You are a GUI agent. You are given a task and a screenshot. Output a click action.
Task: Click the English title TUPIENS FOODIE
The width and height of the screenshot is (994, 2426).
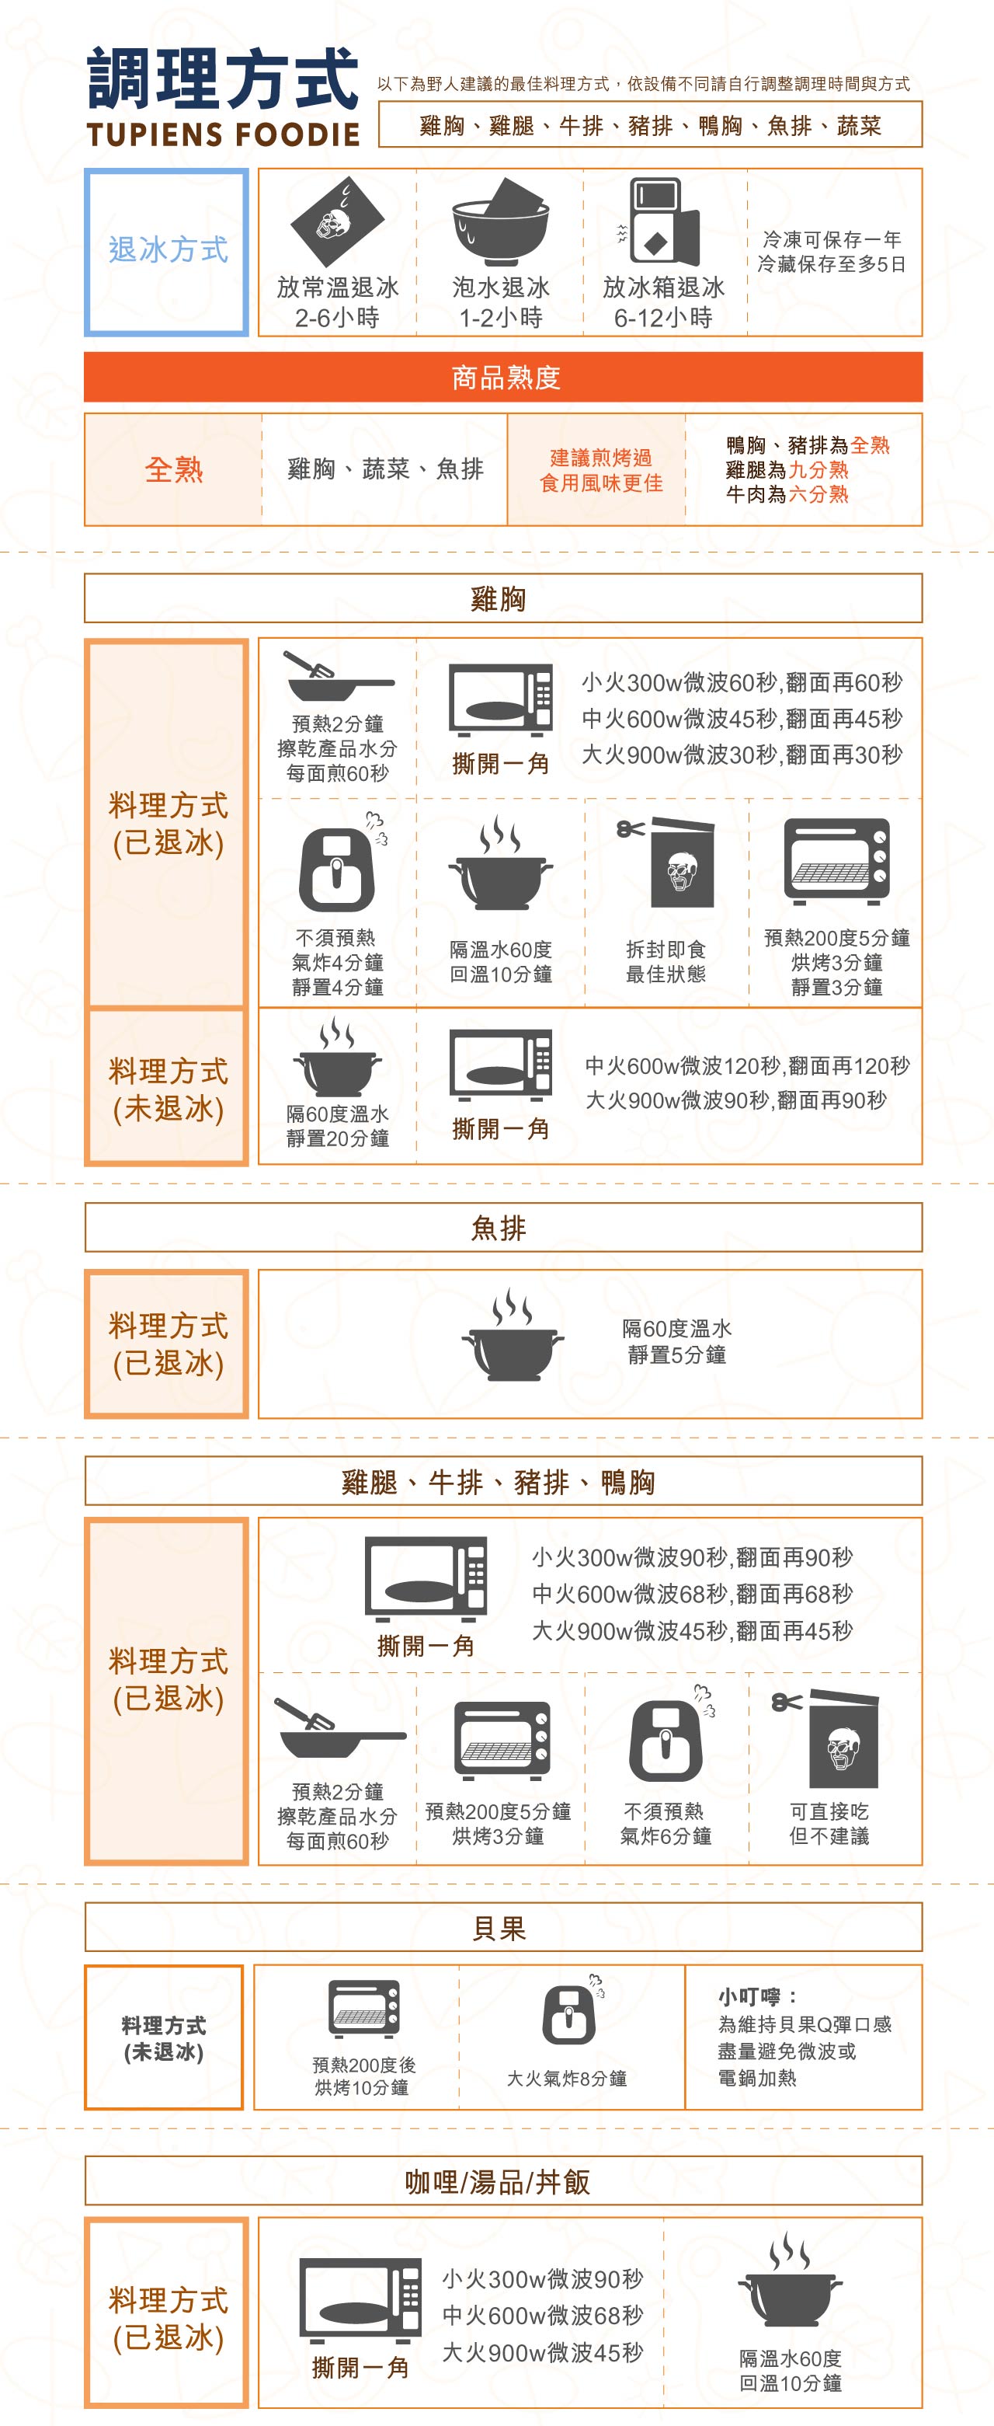point(223,134)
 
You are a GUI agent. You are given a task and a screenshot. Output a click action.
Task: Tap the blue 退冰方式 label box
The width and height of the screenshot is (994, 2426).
point(167,252)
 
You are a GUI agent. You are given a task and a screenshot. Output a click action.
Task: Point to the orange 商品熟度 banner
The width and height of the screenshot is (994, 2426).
point(502,378)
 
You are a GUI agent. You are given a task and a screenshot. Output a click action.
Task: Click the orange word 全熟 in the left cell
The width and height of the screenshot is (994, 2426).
point(174,469)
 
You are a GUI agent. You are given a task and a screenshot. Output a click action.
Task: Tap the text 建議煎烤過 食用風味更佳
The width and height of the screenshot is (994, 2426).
point(600,470)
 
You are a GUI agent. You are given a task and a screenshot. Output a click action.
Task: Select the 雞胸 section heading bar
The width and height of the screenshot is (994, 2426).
point(502,599)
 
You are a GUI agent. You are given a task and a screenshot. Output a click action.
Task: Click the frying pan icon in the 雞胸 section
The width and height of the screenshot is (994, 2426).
point(338,676)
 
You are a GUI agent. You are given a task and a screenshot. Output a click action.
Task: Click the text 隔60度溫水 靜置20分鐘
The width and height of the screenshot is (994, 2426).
point(338,1127)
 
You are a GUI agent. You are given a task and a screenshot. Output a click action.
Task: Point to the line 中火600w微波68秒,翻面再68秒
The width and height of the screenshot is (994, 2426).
point(692,1594)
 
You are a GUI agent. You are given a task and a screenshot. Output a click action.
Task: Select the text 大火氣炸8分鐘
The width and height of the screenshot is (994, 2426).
point(567,2079)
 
